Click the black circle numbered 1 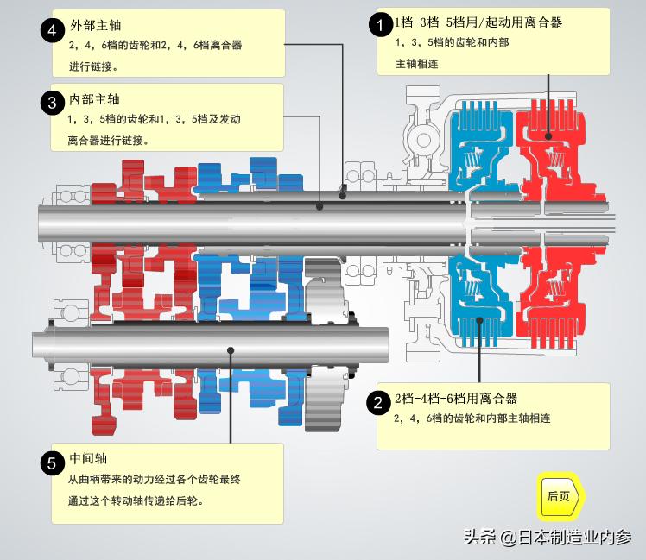click(x=380, y=24)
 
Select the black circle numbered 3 click(x=53, y=102)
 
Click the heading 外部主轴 click(x=96, y=26)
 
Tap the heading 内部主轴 click(x=96, y=100)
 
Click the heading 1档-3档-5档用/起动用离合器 click(x=478, y=22)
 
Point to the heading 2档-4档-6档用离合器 click(x=455, y=399)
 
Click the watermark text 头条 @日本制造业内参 click(x=548, y=538)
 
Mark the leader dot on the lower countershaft click(x=231, y=349)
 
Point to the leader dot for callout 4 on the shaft click(x=344, y=196)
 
